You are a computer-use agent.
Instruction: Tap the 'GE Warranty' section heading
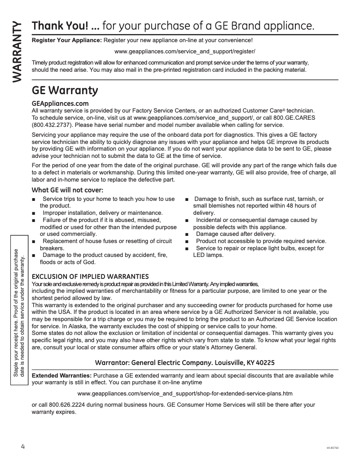coord(65,91)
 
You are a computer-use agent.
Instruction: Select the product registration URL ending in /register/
coord(185,51)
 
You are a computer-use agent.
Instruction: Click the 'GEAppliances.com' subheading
coord(60,104)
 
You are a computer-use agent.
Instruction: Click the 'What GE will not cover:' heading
coord(67,190)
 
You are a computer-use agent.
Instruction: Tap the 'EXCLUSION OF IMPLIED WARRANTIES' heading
coord(90,276)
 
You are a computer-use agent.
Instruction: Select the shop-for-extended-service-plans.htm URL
coord(185,394)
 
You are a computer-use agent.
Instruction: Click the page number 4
coord(22,446)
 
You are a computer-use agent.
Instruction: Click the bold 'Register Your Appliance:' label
coord(67,40)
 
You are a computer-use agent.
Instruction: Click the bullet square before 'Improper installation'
coord(34,213)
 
